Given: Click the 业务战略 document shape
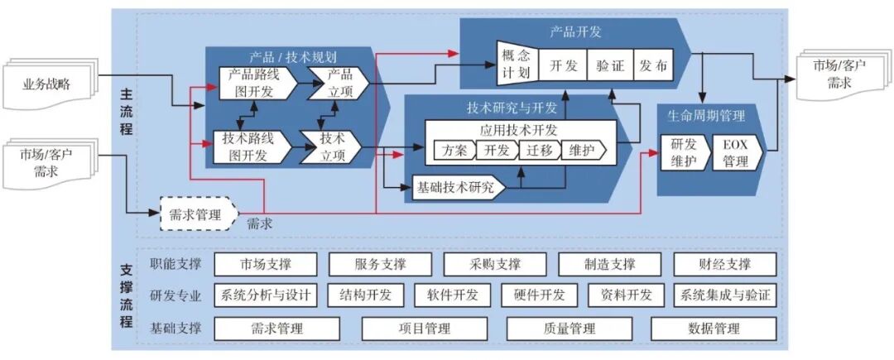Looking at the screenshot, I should pyautogui.click(x=51, y=83).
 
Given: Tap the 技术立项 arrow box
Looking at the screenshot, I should pyautogui.click(x=330, y=146).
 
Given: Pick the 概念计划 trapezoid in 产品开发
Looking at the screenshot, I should pyautogui.click(x=515, y=64).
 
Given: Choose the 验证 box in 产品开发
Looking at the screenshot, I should pyautogui.click(x=610, y=65).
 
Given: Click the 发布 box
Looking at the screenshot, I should pyautogui.click(x=652, y=65).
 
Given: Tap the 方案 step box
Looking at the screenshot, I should pyautogui.click(x=454, y=151).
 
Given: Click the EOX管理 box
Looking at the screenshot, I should pyautogui.click(x=735, y=153).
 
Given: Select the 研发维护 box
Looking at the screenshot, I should pyautogui.click(x=684, y=153).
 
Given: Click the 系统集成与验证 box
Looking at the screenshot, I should pyautogui.click(x=725, y=295).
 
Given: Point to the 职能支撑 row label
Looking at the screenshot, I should pyautogui.click(x=175, y=264).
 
